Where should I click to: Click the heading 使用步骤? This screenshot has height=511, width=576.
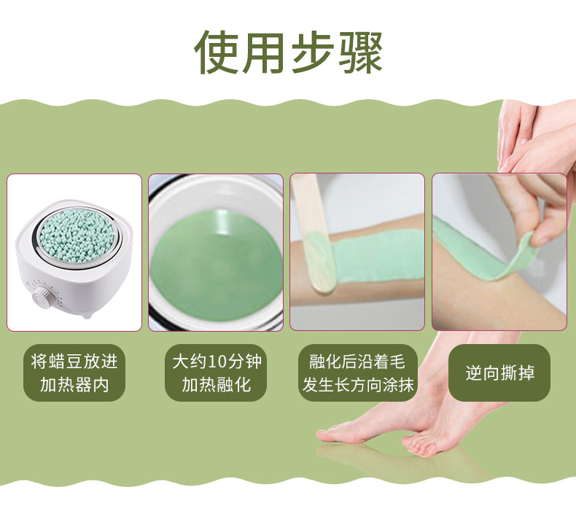[289, 52]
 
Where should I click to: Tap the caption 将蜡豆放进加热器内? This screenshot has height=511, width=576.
[74, 373]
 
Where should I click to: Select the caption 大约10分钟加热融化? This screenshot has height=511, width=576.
[217, 373]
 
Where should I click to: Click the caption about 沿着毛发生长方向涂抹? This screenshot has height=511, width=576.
[358, 373]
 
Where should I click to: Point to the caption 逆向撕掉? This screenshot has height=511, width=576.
[499, 373]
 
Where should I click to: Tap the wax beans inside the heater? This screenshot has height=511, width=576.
[69, 234]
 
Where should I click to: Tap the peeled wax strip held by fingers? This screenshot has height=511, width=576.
[485, 250]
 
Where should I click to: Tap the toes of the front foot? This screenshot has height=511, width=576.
[419, 446]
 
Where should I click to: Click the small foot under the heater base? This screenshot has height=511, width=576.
[85, 316]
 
